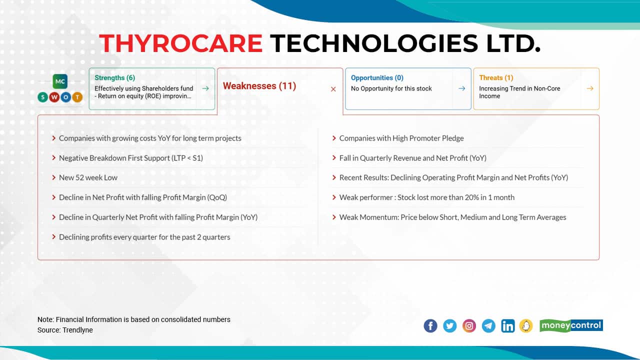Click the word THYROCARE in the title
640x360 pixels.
[180, 43]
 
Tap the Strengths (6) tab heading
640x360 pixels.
[114, 77]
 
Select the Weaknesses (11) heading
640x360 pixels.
[259, 86]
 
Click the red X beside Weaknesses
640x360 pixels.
[333, 89]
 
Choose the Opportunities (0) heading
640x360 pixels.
[377, 77]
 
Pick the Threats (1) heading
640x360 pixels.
[496, 77]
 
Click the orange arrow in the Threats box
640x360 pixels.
[590, 88]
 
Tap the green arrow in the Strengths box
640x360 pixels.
[205, 88]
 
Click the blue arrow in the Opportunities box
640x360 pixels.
[462, 88]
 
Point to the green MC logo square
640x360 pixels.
[60, 81]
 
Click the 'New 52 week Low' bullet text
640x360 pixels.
[88, 177]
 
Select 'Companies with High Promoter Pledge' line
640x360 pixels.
[401, 138]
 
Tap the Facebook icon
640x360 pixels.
[430, 326]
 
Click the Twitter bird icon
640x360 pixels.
[450, 326]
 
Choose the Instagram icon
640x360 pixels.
[469, 326]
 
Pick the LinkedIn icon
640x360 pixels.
[507, 326]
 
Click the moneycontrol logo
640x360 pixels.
[571, 325]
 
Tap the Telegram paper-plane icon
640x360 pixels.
[488, 326]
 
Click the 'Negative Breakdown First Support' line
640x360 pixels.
[130, 158]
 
